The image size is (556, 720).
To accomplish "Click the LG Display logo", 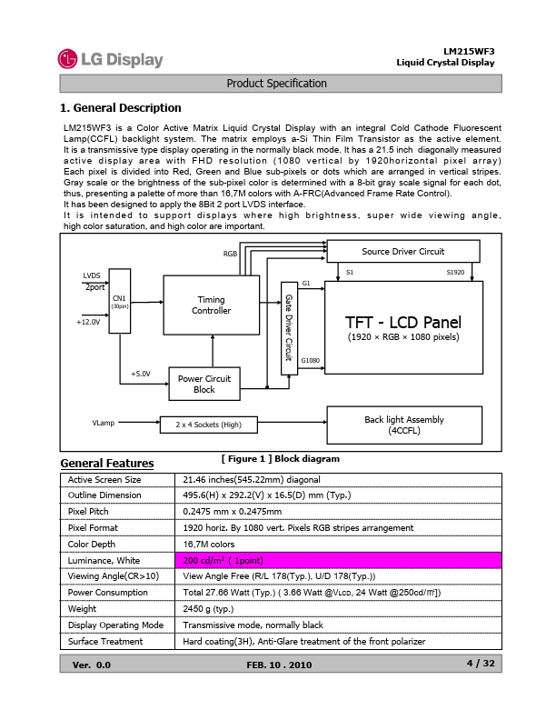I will click(x=110, y=60).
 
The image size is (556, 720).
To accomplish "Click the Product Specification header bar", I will click(x=277, y=84).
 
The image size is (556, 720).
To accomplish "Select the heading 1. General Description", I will click(x=120, y=108).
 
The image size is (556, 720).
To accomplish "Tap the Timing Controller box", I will click(x=211, y=305).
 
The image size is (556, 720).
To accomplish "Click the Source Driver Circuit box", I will click(x=402, y=252).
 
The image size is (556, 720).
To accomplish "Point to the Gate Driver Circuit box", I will click(x=289, y=327).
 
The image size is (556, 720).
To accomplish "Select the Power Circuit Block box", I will click(x=204, y=384).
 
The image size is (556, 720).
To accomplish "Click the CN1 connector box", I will click(x=119, y=301).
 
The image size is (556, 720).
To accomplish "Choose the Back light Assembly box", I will click(x=403, y=425).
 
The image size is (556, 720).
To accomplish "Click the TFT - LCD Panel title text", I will click(x=403, y=323).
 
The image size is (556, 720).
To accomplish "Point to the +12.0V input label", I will click(x=89, y=321).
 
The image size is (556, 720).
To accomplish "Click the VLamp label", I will click(x=103, y=424).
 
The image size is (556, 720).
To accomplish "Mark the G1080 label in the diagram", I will click(x=310, y=361).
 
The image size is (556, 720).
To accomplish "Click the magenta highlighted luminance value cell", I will click(x=336, y=559).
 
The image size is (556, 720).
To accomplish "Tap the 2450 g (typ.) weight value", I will click(x=208, y=608).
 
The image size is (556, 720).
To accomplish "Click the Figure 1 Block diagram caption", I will click(x=280, y=459).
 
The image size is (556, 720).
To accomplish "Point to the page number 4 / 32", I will click(x=480, y=664).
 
